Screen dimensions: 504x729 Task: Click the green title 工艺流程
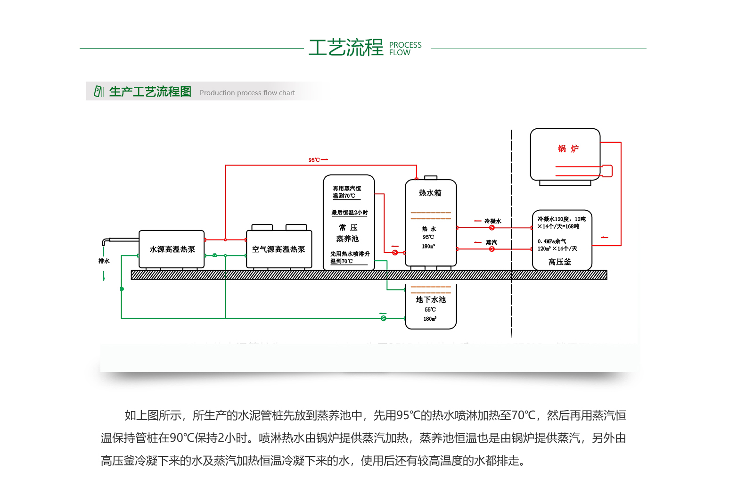click(x=346, y=48)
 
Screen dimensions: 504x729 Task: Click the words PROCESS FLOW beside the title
click(x=405, y=49)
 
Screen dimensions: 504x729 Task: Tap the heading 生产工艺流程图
click(x=150, y=91)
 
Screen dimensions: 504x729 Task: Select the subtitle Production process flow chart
click(x=247, y=93)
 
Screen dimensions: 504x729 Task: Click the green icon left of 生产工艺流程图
click(x=98, y=91)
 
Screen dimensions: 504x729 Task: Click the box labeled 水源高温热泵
click(x=172, y=249)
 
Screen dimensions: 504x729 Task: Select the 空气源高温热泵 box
click(x=278, y=249)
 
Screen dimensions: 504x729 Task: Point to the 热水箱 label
click(x=430, y=193)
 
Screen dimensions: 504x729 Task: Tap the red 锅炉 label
click(x=568, y=149)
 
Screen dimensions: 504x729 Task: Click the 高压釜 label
click(x=560, y=262)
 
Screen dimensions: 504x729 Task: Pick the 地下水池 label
click(x=431, y=300)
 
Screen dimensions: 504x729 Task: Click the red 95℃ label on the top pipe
click(x=314, y=160)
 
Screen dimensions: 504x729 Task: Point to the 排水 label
click(x=104, y=261)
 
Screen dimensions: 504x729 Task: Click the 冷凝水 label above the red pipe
click(x=493, y=221)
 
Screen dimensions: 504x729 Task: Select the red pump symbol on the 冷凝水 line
click(x=492, y=228)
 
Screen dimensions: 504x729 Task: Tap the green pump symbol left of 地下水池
click(x=384, y=318)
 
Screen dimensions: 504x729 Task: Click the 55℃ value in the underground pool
click(x=430, y=310)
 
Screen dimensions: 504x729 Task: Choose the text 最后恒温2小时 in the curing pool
click(x=350, y=213)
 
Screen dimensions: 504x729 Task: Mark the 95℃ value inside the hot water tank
click(x=428, y=237)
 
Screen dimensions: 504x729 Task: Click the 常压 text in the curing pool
click(x=348, y=228)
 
